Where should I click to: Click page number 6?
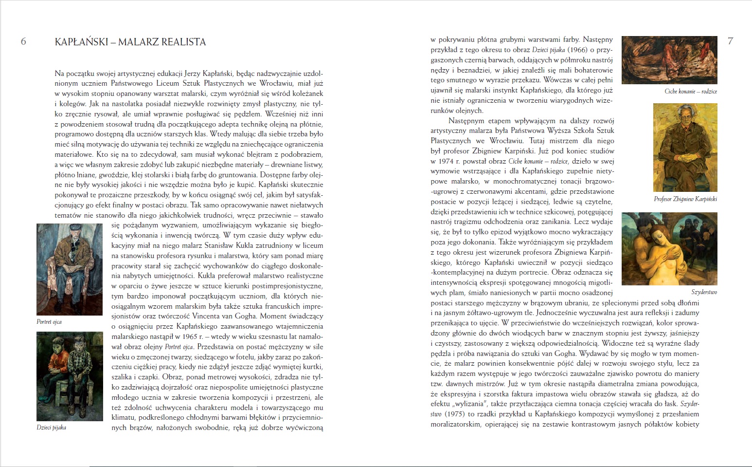point(23,41)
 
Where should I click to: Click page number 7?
point(730,41)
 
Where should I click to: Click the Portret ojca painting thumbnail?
point(70,269)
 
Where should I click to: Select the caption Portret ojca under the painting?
point(49,322)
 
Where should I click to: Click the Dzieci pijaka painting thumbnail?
point(70,376)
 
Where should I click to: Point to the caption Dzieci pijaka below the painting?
point(51,428)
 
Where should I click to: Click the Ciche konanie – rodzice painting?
point(669,59)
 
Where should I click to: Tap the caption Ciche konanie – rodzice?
point(691,92)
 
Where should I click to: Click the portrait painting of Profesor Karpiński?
point(685,147)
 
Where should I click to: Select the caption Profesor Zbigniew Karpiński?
point(685,199)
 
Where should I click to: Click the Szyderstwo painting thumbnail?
point(669,249)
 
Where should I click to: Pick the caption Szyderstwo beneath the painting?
point(704,292)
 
